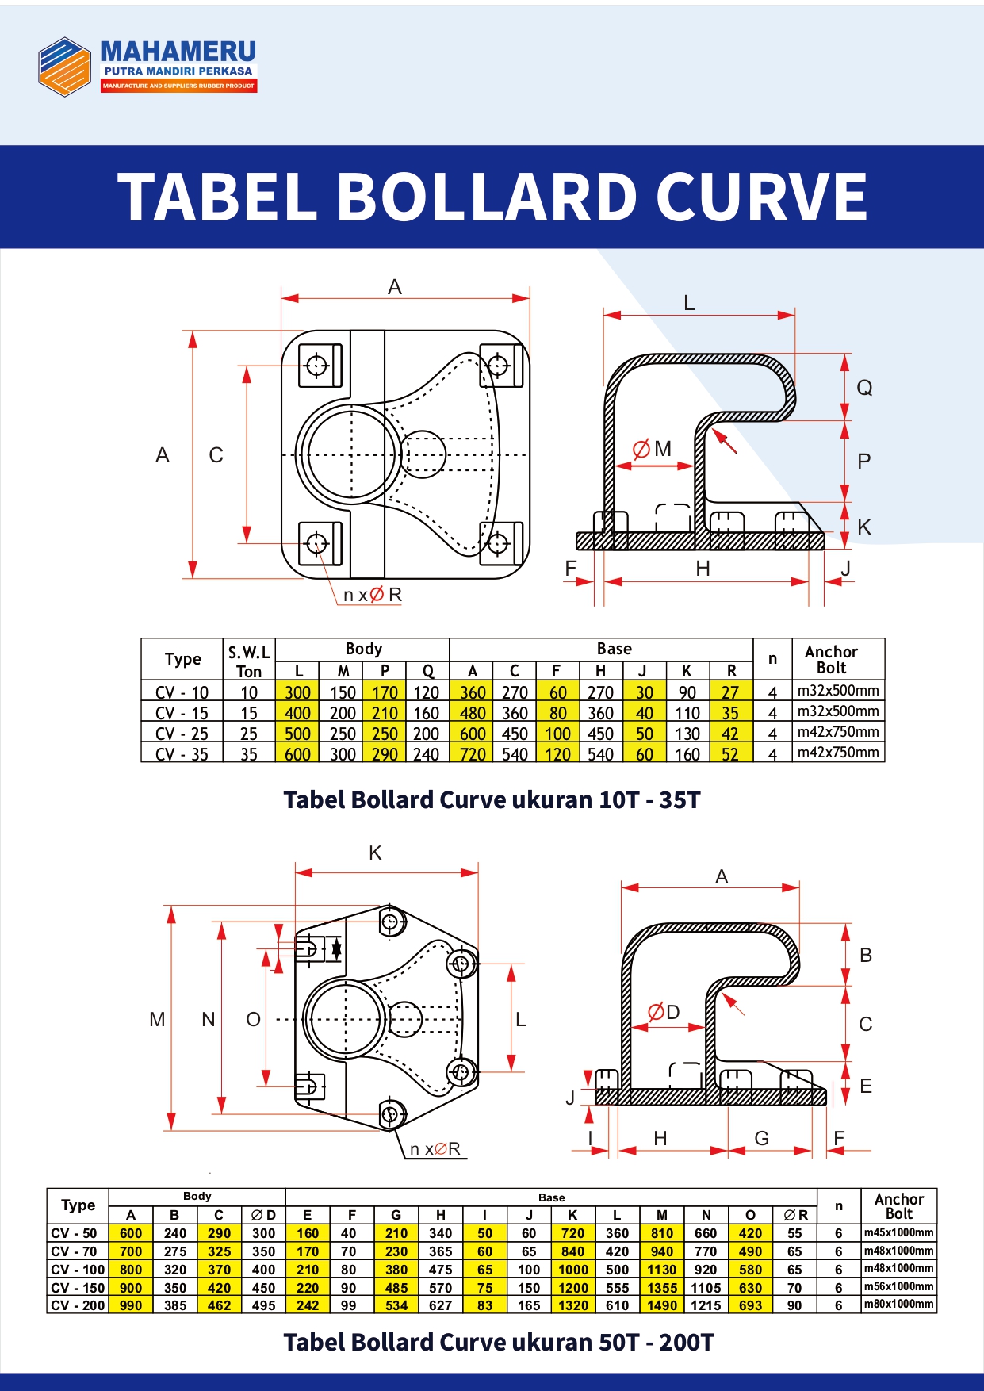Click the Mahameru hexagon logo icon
(65, 67)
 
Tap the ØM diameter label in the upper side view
(652, 449)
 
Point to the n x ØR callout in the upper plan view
(373, 595)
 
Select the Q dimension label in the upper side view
(864, 388)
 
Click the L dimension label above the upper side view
(689, 303)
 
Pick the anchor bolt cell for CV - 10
(838, 691)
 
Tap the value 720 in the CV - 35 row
(473, 754)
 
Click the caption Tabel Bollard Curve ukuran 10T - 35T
(492, 799)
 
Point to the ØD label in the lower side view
(664, 1012)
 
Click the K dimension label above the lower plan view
(375, 853)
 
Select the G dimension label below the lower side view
(762, 1139)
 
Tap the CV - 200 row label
(78, 1305)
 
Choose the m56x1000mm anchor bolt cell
(899, 1286)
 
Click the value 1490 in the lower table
(662, 1305)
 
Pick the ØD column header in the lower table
(263, 1215)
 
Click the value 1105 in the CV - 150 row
(706, 1288)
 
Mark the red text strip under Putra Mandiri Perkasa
(178, 86)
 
